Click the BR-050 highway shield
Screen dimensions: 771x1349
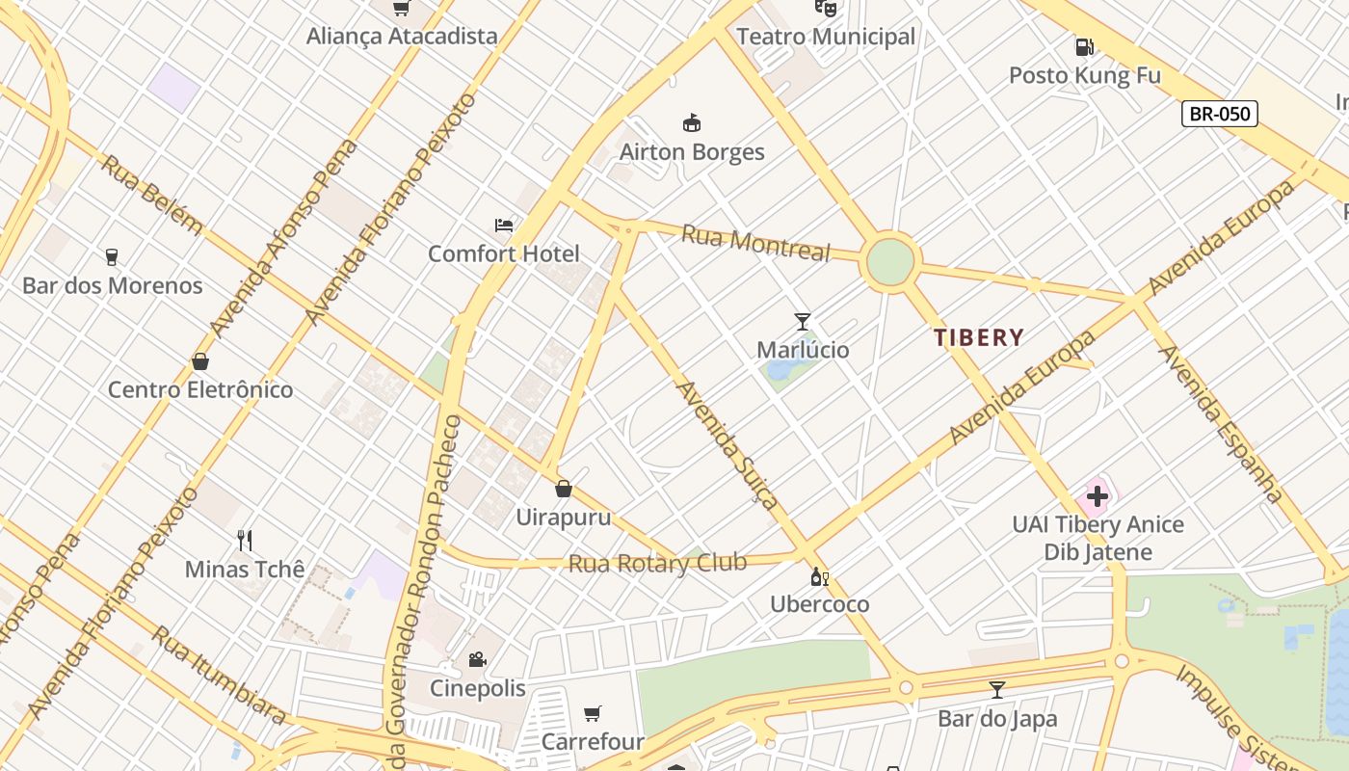click(1219, 114)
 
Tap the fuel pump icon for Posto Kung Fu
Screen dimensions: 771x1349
click(1084, 46)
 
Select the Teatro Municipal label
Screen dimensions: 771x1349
click(826, 37)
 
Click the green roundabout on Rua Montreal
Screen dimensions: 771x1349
click(889, 262)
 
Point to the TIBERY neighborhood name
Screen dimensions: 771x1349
click(978, 337)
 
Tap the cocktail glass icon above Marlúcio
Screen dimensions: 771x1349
click(802, 322)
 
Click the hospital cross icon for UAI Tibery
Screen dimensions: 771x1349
click(1097, 497)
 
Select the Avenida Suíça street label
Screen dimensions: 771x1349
click(727, 443)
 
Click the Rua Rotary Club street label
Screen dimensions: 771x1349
click(657, 563)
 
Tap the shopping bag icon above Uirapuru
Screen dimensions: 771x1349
click(564, 490)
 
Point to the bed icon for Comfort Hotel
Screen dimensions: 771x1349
click(504, 226)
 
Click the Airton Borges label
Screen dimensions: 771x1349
click(692, 151)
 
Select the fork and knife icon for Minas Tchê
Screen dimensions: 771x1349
click(245, 541)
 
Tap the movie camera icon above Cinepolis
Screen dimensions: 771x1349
click(477, 660)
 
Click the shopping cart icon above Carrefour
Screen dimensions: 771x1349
click(593, 714)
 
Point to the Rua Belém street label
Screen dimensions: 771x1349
click(151, 196)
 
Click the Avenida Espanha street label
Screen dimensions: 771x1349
click(1220, 424)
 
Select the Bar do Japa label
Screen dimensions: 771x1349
click(997, 718)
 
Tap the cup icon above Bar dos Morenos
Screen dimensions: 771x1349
click(112, 257)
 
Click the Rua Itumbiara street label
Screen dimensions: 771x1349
click(220, 675)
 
